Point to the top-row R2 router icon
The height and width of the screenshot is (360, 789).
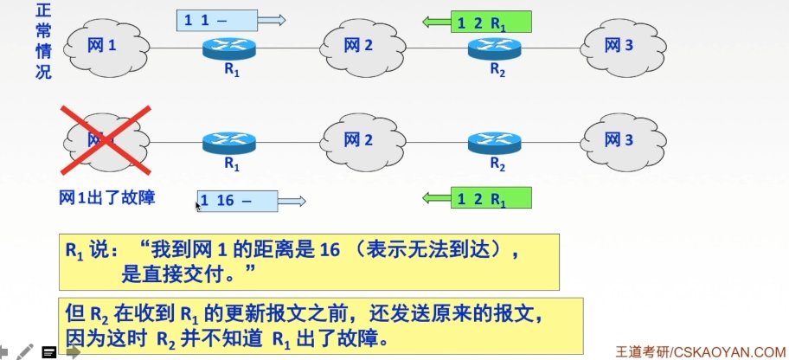click(497, 48)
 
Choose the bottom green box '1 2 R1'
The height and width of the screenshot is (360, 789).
click(491, 199)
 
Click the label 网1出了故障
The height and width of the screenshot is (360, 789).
click(107, 198)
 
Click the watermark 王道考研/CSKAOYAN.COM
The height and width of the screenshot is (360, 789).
click(699, 351)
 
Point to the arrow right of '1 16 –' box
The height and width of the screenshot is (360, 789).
click(292, 202)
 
